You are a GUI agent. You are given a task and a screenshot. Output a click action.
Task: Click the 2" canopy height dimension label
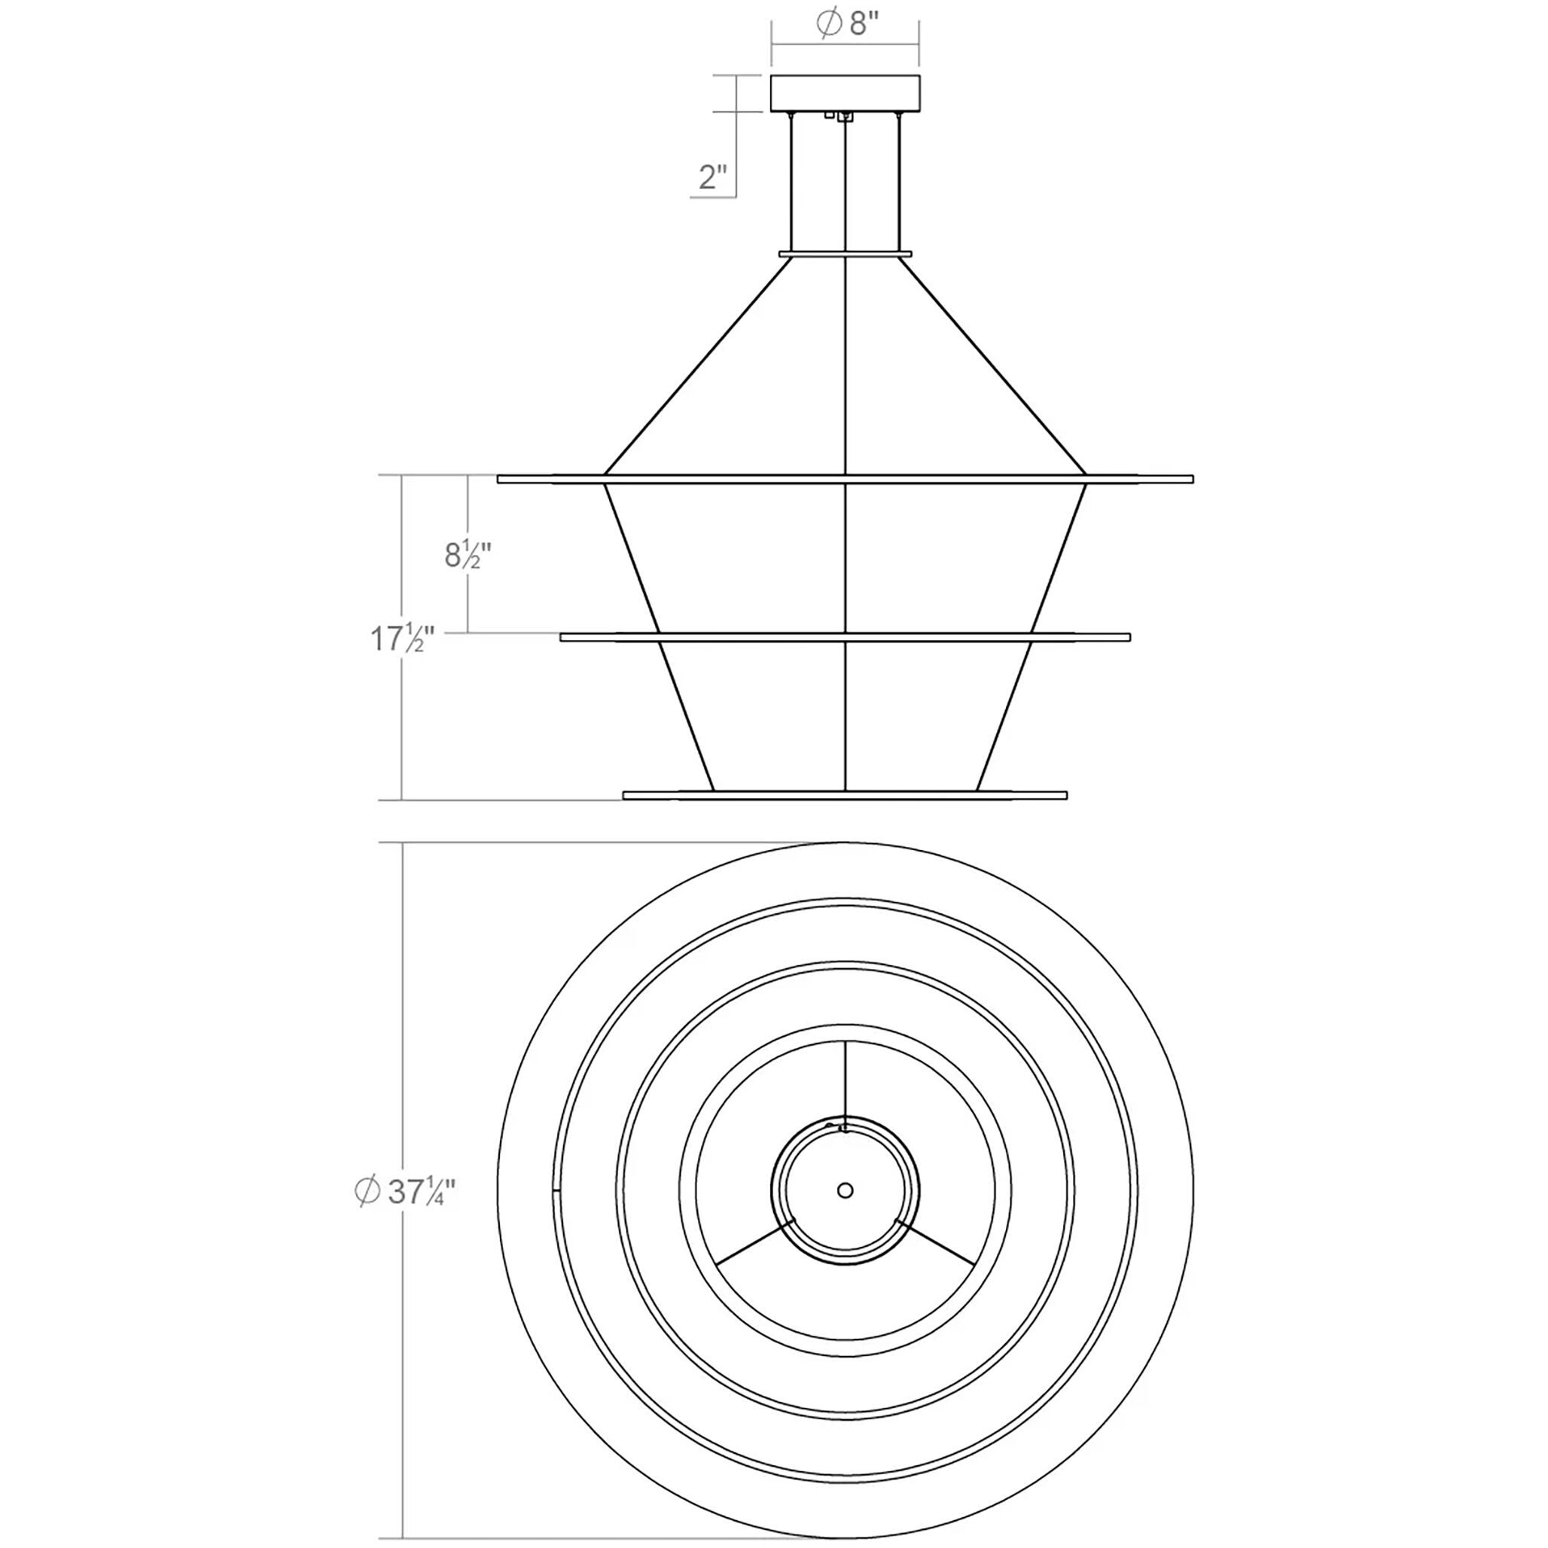point(712,176)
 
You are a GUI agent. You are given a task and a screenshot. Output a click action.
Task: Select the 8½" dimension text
point(467,554)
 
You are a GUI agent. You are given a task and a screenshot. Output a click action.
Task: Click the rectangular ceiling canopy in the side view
point(845,93)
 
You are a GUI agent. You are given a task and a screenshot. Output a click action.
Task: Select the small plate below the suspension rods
point(845,254)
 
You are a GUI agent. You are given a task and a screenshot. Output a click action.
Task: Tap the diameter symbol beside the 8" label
point(828,24)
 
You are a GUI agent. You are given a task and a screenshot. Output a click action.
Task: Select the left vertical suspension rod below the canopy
point(791,184)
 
